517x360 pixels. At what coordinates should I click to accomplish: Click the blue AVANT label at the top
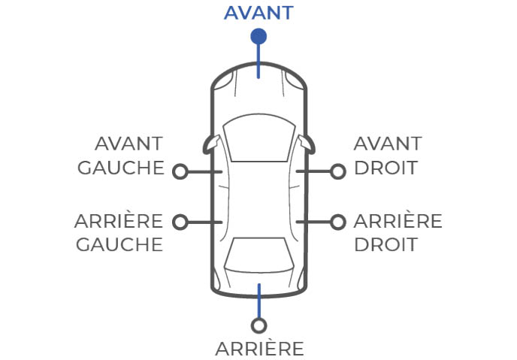click(x=258, y=12)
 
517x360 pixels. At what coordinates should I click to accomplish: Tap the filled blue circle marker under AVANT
click(x=258, y=35)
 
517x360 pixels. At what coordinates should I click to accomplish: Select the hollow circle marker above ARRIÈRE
click(x=259, y=325)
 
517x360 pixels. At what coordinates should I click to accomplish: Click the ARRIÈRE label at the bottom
click(x=259, y=349)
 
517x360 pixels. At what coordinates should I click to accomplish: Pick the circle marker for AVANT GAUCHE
click(x=180, y=171)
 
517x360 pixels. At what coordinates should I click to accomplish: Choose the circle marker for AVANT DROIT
click(x=338, y=171)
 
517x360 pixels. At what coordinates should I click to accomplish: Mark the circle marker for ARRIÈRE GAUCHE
click(x=180, y=222)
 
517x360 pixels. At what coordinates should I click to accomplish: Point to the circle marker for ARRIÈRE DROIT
click(x=338, y=222)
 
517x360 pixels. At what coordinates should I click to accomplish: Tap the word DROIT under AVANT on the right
click(x=385, y=167)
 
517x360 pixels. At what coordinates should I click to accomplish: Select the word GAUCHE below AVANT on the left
click(x=121, y=167)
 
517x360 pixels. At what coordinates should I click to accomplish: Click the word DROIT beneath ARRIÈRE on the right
click(x=385, y=244)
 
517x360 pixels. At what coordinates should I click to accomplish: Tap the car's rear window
click(x=258, y=256)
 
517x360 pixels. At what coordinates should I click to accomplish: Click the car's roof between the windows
click(x=258, y=199)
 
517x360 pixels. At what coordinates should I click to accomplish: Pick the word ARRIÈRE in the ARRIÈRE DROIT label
click(x=398, y=222)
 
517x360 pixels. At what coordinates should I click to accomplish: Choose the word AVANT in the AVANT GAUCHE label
click(x=129, y=144)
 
